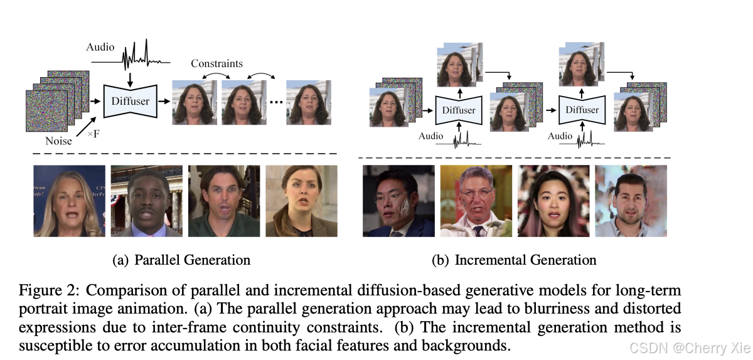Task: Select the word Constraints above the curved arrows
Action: coord(216,64)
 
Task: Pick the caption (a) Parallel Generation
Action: coord(181,260)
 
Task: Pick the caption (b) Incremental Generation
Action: coord(514,260)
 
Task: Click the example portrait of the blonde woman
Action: coord(69,201)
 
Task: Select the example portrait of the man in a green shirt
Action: coord(224,201)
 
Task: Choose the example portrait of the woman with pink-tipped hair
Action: coord(553,201)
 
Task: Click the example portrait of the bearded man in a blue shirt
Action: coord(631,201)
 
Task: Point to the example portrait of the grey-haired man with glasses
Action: coord(476,201)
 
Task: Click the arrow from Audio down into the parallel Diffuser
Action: coord(129,76)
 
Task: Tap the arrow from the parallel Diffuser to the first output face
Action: coord(164,100)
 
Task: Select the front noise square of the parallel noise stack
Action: coord(48,110)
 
